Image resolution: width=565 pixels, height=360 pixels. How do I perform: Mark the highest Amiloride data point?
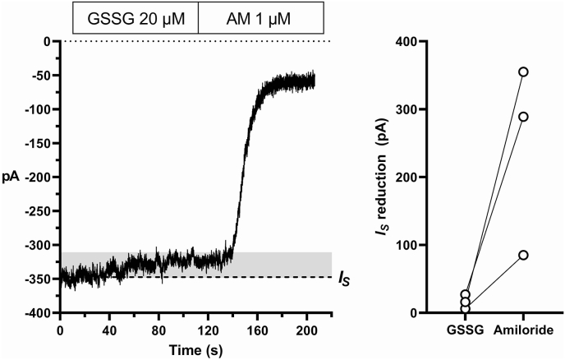(x=523, y=72)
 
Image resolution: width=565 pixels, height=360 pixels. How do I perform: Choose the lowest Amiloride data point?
(x=523, y=256)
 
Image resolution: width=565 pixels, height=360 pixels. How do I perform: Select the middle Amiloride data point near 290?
(x=523, y=117)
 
